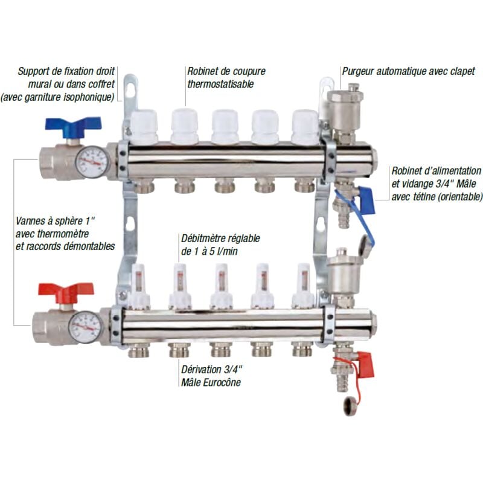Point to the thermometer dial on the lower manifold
click(85, 327)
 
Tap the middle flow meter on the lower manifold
click(221, 284)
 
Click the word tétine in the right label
click(430, 197)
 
